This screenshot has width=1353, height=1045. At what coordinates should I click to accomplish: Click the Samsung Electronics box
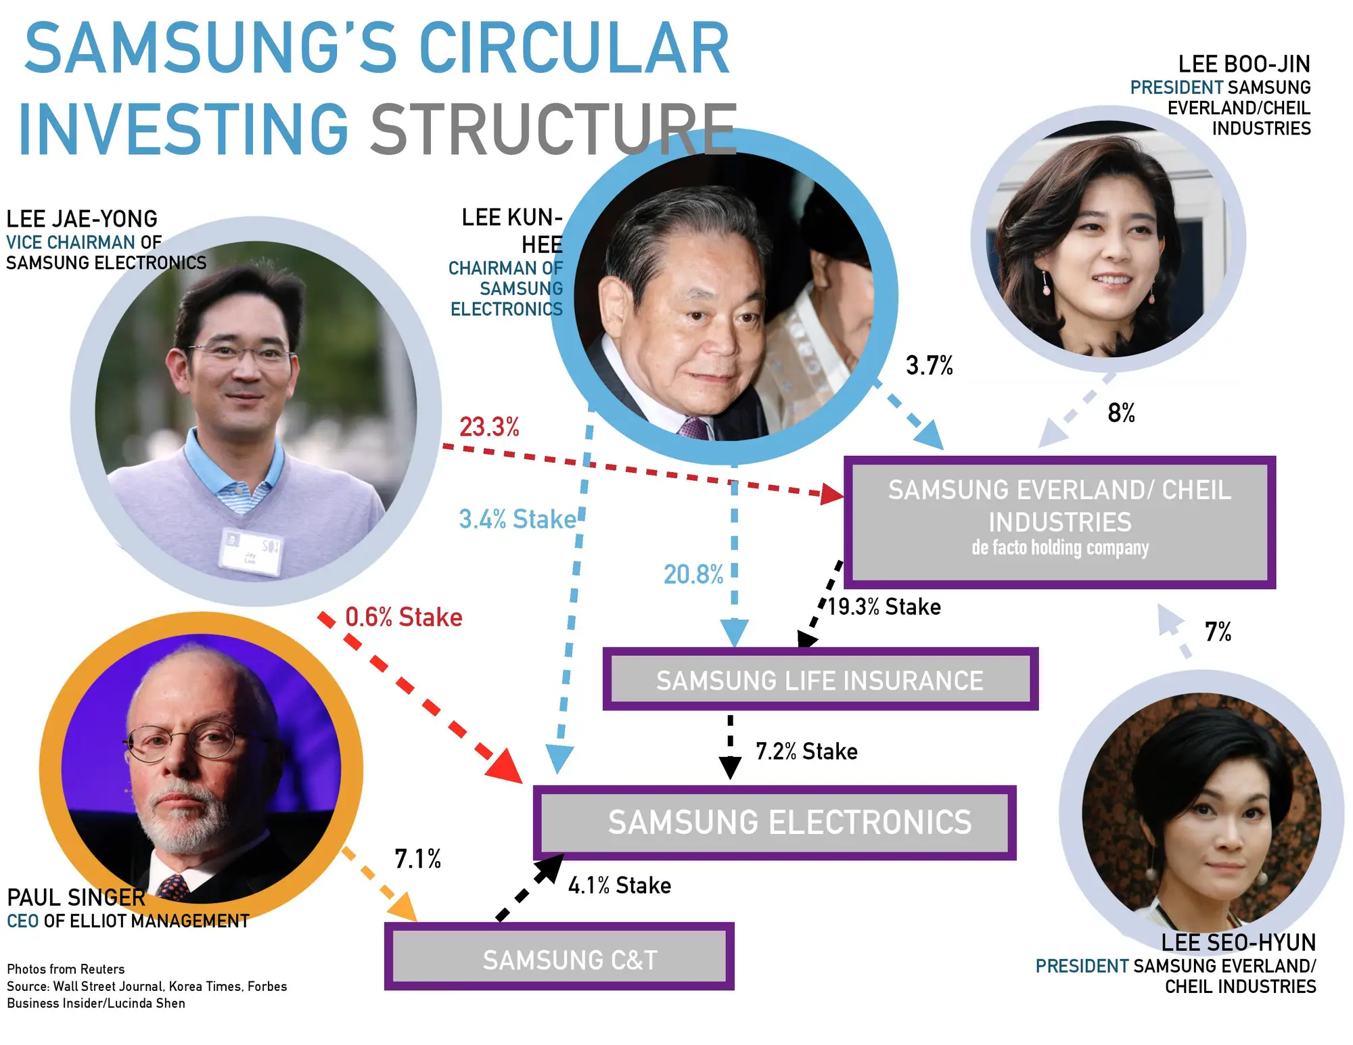tap(775, 822)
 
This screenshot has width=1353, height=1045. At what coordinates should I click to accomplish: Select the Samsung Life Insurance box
tap(821, 679)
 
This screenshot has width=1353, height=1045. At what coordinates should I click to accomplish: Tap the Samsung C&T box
tap(559, 956)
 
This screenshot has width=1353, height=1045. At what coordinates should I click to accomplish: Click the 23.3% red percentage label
tap(489, 427)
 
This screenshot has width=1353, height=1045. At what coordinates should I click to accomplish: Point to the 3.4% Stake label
tap(518, 519)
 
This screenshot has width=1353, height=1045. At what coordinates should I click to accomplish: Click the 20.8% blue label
tap(693, 574)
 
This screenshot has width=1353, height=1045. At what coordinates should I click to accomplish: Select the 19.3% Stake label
tap(884, 607)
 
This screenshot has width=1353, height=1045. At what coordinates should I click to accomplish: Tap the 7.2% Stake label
tap(806, 751)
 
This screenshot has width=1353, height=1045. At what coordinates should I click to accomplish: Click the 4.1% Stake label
tap(620, 885)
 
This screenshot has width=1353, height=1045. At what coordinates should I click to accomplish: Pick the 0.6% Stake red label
tap(404, 617)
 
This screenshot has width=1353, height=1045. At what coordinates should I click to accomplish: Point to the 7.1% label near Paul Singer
tap(417, 859)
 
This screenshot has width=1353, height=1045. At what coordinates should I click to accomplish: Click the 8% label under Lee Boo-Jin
tap(1121, 413)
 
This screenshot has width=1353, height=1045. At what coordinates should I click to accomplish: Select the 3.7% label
tap(930, 365)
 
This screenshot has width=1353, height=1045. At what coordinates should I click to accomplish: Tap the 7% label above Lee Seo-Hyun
tap(1218, 632)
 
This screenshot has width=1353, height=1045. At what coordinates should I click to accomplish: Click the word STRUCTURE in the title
tap(554, 128)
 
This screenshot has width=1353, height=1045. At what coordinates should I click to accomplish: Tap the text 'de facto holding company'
tap(1060, 547)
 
